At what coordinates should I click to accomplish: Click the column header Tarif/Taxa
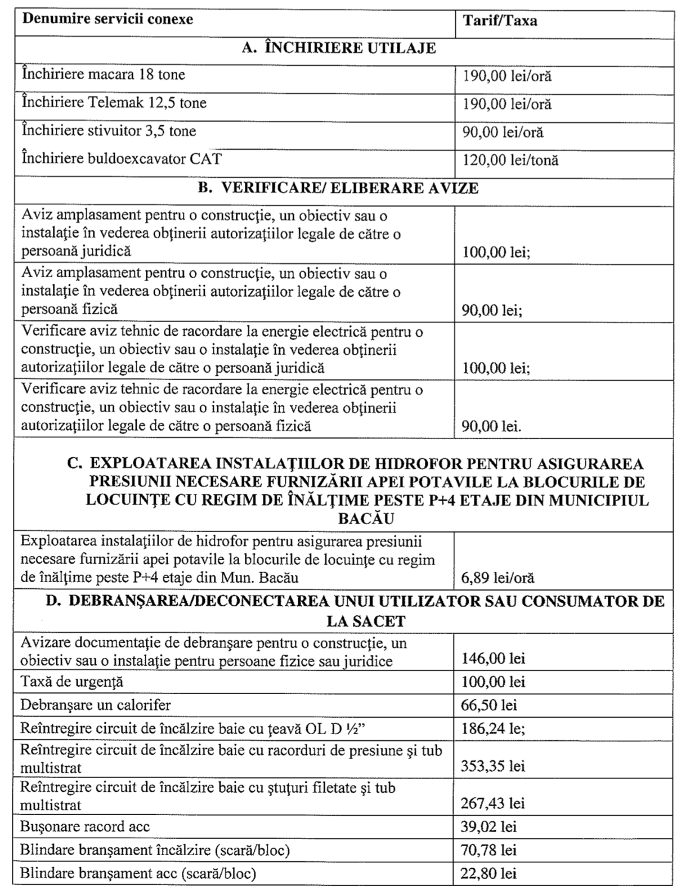click(x=500, y=21)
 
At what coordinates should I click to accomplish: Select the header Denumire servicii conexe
click(x=107, y=19)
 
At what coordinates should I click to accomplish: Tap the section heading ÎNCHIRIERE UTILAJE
click(x=339, y=48)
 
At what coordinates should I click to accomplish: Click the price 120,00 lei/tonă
click(x=510, y=160)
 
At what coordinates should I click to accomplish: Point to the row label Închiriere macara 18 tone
click(x=104, y=75)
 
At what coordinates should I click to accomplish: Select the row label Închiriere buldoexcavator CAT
click(x=122, y=159)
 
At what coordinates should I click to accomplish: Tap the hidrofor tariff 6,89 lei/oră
click(x=498, y=578)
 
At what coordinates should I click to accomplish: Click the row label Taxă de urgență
click(x=72, y=682)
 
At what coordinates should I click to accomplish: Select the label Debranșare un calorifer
click(x=96, y=705)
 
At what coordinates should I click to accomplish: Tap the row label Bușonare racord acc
click(x=85, y=827)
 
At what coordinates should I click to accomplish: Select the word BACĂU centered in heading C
click(x=366, y=518)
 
